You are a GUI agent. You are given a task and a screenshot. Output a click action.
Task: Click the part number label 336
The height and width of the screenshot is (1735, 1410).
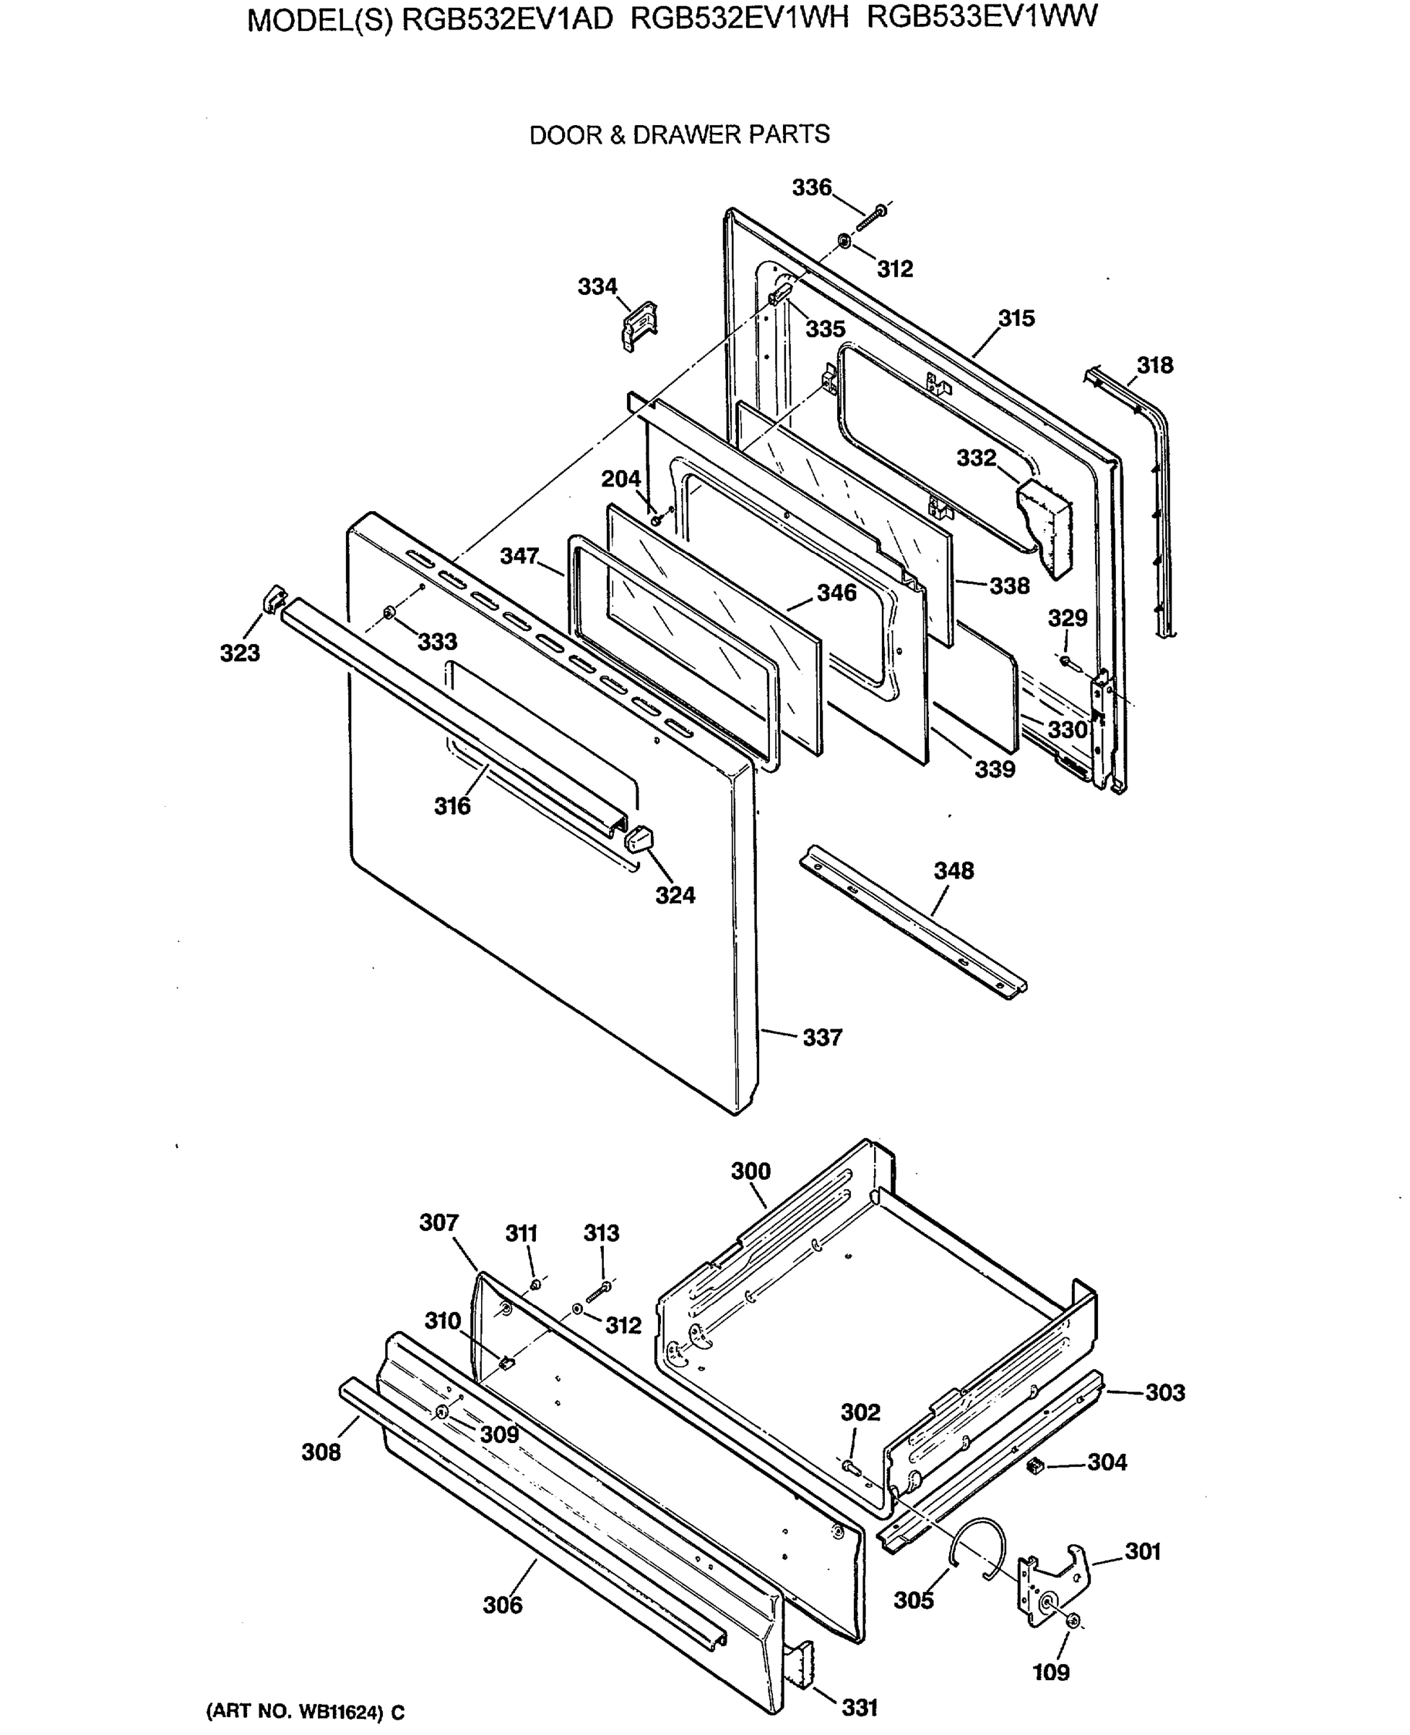[x=811, y=188]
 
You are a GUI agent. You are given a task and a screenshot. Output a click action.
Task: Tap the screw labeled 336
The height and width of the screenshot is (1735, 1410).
[x=873, y=215]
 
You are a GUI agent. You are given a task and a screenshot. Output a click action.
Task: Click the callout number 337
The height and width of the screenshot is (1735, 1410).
[x=822, y=1038]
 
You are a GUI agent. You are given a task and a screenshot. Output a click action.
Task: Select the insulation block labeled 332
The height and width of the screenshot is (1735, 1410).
[x=1046, y=524]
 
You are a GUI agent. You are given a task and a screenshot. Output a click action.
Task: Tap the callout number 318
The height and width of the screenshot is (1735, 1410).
[x=1154, y=366]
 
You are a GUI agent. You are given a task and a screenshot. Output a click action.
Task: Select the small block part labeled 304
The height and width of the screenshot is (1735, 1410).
[x=1035, y=1465]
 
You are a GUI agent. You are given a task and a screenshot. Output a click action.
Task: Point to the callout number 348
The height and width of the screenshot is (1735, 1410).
[x=953, y=871]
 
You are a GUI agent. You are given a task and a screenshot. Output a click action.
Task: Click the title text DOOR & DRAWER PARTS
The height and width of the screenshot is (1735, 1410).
[x=679, y=135]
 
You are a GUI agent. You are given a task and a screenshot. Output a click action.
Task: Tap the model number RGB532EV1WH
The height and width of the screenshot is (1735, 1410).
[x=738, y=18]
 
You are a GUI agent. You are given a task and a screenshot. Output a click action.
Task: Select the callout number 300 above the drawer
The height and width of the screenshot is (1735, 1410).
[x=750, y=1171]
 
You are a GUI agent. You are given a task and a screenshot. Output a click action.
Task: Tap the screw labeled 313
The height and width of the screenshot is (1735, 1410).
[x=599, y=1290]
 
